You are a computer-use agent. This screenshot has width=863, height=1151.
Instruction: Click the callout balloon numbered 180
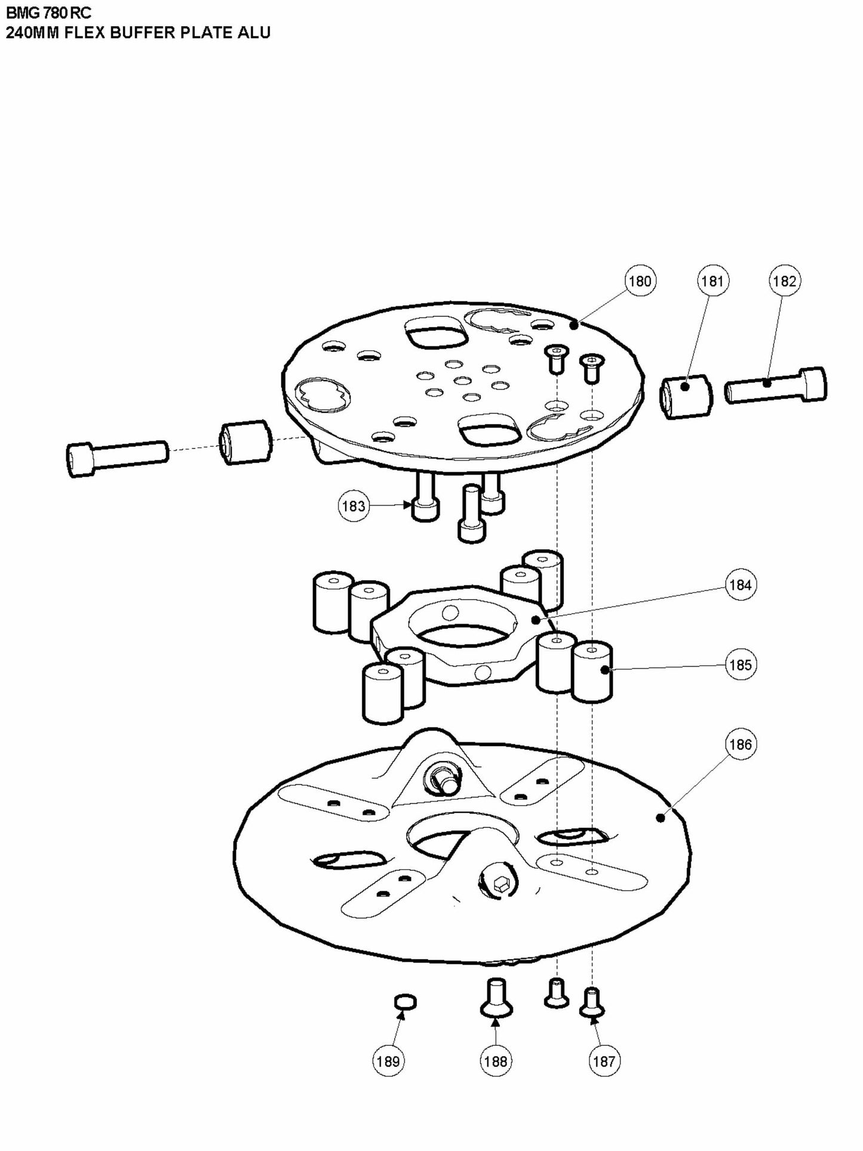click(640, 281)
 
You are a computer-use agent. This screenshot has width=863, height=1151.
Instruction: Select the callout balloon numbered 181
click(712, 281)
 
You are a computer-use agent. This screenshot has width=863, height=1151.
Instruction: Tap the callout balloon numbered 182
click(785, 281)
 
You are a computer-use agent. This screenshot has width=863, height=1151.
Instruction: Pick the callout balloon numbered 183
click(353, 506)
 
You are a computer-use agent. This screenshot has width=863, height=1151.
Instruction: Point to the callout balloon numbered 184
click(741, 585)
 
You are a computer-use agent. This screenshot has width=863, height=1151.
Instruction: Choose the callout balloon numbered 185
click(741, 665)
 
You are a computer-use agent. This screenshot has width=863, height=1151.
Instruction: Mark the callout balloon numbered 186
click(741, 744)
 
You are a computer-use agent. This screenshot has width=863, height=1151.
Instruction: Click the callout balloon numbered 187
click(604, 1061)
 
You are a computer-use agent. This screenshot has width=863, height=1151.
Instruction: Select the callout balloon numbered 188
click(496, 1061)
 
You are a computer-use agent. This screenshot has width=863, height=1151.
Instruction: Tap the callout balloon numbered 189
click(388, 1061)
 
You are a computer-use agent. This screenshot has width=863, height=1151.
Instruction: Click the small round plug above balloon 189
click(406, 1002)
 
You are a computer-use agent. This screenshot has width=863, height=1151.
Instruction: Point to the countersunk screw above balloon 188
click(496, 997)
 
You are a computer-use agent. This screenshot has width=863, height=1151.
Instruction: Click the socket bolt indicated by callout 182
click(776, 386)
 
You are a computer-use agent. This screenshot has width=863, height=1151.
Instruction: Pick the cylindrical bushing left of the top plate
click(246, 442)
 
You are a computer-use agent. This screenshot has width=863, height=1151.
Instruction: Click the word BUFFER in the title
click(144, 32)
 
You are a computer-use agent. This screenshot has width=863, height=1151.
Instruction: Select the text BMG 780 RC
click(49, 13)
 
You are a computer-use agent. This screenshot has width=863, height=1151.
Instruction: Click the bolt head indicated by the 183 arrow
click(426, 509)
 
